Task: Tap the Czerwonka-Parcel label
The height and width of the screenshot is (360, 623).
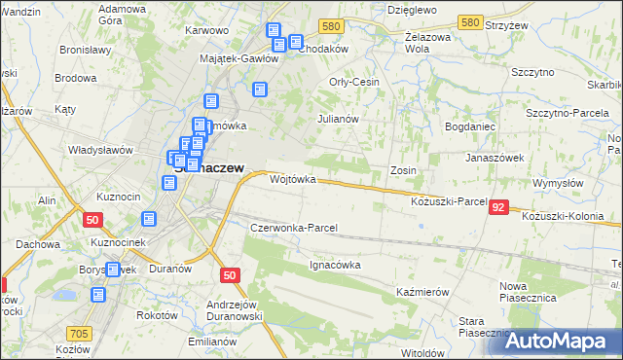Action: [x=294, y=228]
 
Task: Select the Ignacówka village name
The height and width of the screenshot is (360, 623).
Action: [x=336, y=264]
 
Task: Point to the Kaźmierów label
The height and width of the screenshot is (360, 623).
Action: [x=422, y=292]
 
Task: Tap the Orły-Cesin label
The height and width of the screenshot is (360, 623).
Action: [x=354, y=82]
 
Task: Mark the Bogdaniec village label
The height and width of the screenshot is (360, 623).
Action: [x=471, y=127]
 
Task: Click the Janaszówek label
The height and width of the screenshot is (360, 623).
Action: [x=495, y=157]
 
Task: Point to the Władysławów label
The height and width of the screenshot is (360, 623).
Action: [x=99, y=151]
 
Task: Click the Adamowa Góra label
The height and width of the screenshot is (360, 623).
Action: [x=123, y=13]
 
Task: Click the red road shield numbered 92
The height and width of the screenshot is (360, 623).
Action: [x=498, y=207]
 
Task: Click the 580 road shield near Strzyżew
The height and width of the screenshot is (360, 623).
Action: [x=470, y=21]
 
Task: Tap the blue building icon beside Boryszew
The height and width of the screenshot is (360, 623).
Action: [x=113, y=270]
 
